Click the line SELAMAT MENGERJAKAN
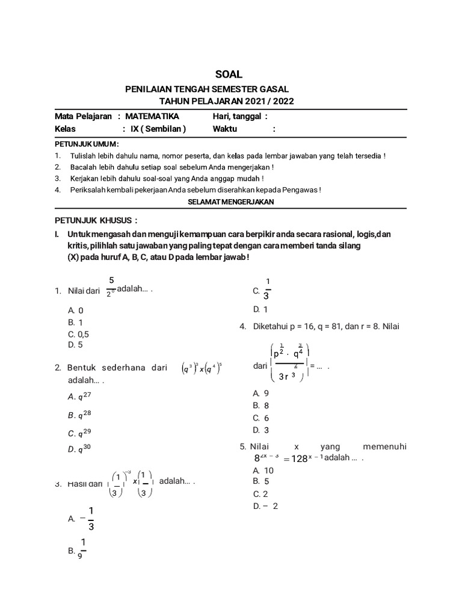(231, 202)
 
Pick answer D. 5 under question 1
(75, 345)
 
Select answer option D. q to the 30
(80, 449)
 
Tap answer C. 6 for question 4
(261, 417)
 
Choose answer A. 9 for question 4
(261, 393)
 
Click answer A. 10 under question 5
(263, 470)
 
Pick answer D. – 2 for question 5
(266, 506)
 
